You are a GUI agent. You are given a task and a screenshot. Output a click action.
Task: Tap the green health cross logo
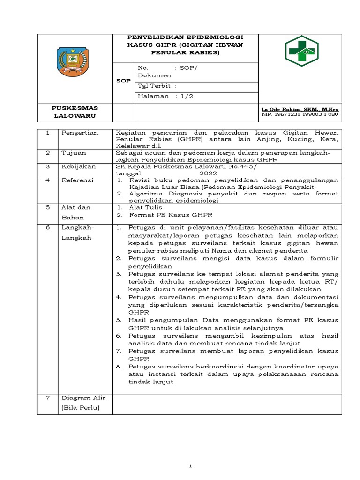pos(301,51)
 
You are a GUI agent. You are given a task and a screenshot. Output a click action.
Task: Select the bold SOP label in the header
pos(123,81)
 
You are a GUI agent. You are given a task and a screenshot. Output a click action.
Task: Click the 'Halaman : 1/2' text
pos(165,96)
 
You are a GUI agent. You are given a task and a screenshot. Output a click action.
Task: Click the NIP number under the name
pos(300,114)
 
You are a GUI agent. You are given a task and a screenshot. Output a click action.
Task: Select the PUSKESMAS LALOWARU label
pos(75,111)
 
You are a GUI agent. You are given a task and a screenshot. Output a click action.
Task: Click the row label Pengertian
pos(80,133)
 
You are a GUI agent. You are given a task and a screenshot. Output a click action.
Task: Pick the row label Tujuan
pos(73,153)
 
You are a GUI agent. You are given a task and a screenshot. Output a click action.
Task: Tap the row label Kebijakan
pos(79,166)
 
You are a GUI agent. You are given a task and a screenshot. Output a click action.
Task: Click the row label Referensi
pos(78,180)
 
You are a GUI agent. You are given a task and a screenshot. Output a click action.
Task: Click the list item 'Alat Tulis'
pos(146,207)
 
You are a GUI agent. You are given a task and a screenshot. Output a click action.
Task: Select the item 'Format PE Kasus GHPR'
pos(171,215)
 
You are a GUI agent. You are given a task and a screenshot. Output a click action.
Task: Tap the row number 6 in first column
pos(47,227)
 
